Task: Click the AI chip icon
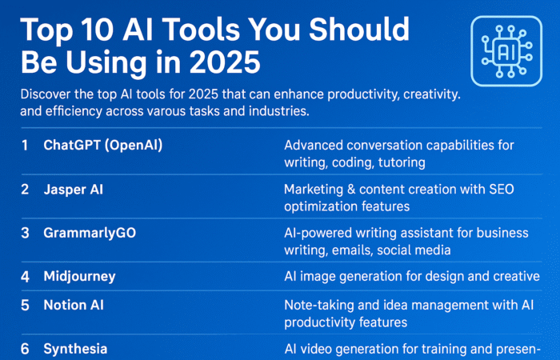[x=506, y=51]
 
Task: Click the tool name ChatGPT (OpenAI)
[x=103, y=145]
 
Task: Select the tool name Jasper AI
[x=74, y=190]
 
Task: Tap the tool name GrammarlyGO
[x=90, y=233]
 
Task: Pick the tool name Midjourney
[x=80, y=277]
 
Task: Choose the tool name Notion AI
[x=74, y=305]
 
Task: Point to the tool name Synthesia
[x=75, y=349]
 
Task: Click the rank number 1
[x=25, y=145]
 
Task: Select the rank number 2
[x=25, y=190]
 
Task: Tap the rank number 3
[x=25, y=233]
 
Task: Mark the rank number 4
[x=25, y=277]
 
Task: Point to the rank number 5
[x=25, y=306]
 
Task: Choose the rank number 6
[x=25, y=349]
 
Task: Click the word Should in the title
[x=359, y=29]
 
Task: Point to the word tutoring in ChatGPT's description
[x=402, y=162]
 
